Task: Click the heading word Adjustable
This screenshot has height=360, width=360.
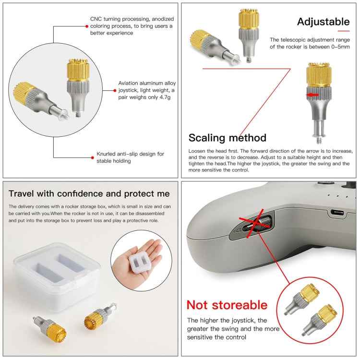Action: (x=323, y=22)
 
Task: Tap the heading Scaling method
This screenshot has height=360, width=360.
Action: (x=228, y=138)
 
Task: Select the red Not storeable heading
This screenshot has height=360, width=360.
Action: (x=227, y=305)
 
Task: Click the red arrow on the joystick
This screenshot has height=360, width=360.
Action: (x=312, y=95)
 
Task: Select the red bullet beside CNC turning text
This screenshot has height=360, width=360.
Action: (x=87, y=26)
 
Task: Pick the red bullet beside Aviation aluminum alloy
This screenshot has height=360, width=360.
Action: (x=115, y=91)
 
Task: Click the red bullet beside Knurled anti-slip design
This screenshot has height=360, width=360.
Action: (x=92, y=157)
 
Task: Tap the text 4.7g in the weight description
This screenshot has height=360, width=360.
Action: (x=165, y=97)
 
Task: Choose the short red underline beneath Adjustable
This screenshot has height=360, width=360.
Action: (x=344, y=31)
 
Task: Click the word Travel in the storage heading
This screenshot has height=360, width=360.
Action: (x=21, y=193)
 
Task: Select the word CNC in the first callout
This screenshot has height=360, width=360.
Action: (x=96, y=19)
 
